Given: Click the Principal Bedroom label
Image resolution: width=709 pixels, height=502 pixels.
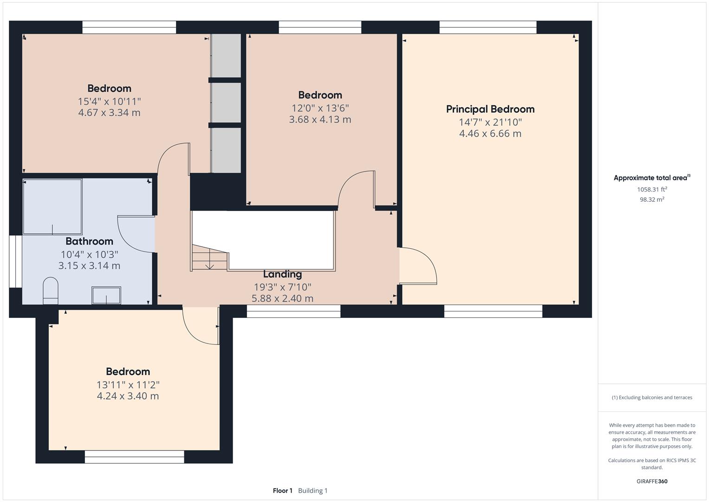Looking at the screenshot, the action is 490,109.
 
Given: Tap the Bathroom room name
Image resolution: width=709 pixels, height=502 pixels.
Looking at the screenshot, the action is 89,241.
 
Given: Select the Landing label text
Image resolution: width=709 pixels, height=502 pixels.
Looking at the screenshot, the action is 282,274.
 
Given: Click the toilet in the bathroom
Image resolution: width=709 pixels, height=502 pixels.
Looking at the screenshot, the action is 51,291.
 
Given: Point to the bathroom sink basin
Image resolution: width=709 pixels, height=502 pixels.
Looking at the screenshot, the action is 106,295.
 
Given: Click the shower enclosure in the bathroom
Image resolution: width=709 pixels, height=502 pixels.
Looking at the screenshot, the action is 52,207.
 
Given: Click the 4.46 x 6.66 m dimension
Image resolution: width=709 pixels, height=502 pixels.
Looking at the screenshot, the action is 490,133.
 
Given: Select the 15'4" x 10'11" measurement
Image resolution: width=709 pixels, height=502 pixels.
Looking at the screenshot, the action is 109,101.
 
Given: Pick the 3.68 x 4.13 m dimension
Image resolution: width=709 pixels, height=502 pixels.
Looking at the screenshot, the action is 320,119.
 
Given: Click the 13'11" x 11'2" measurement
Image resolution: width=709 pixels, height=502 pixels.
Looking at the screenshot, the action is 128,385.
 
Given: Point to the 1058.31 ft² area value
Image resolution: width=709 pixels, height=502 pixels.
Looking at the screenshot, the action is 652,189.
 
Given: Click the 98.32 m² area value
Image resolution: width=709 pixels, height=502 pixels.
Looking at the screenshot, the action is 652,199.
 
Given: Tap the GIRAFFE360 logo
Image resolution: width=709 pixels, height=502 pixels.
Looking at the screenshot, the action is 652,481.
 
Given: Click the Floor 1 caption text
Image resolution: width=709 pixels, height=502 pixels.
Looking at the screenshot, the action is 283,490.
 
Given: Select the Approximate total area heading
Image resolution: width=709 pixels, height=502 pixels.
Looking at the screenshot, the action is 652,178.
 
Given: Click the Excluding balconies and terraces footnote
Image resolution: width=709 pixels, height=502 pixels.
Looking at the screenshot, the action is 652,397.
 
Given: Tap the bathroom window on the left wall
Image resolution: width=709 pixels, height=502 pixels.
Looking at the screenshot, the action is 15,261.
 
